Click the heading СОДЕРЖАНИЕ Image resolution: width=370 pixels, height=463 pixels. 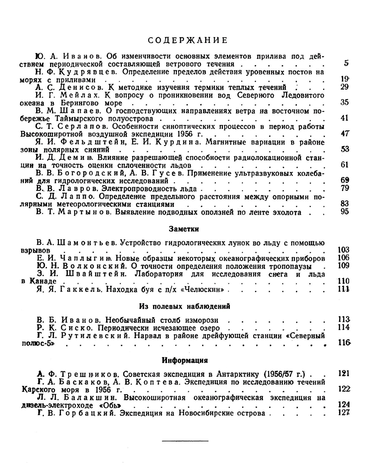tap(188, 40)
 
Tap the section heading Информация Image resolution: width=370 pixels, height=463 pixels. tap(185, 360)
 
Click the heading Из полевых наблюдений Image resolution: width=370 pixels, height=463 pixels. tap(184, 306)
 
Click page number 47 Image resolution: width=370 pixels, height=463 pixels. tap(345, 134)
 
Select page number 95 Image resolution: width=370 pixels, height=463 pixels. tap(345, 212)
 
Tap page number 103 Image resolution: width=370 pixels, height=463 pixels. tap(344, 250)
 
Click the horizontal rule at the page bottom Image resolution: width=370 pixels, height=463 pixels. tap(185, 440)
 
